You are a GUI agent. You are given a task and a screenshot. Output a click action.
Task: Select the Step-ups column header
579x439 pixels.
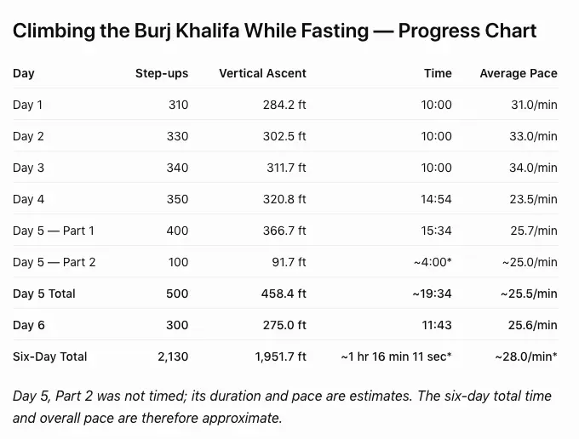pos(162,73)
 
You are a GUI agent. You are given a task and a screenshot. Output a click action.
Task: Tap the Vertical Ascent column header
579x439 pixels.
pos(262,73)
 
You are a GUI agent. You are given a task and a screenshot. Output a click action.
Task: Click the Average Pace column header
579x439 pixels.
pos(519,73)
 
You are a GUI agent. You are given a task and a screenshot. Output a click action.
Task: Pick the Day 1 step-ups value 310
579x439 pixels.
pos(178,105)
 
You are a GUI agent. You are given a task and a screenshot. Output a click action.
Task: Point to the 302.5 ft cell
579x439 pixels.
pos(284,136)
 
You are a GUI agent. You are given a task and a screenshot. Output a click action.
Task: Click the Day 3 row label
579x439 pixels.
pos(28,168)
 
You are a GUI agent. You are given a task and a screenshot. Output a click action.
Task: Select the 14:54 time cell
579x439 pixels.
pos(436,199)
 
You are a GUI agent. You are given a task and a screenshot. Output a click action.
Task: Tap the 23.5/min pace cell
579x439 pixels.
pos(533,199)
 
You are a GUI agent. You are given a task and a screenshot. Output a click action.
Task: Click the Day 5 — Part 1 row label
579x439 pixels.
pos(54,231)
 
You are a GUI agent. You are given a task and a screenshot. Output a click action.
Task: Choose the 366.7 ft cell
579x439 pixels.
pos(284,231)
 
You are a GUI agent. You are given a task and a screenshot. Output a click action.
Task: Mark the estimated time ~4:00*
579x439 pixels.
pos(433,262)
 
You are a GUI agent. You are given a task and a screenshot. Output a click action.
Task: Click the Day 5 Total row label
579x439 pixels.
pos(44,294)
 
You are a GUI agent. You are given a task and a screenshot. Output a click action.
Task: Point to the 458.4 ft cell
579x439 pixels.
pos(284,294)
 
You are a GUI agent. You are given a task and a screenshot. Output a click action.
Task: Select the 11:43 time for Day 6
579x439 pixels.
pos(437,325)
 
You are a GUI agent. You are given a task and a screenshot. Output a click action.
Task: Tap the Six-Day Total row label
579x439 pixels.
pos(50,356)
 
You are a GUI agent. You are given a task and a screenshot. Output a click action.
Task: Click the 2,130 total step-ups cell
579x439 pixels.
pos(173,356)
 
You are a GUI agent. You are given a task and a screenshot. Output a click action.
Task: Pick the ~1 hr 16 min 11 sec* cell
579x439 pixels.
pos(396,356)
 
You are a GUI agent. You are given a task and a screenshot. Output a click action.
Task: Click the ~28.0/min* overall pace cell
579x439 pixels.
pos(526,356)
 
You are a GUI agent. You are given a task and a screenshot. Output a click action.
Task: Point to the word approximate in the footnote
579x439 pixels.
pos(242,419)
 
